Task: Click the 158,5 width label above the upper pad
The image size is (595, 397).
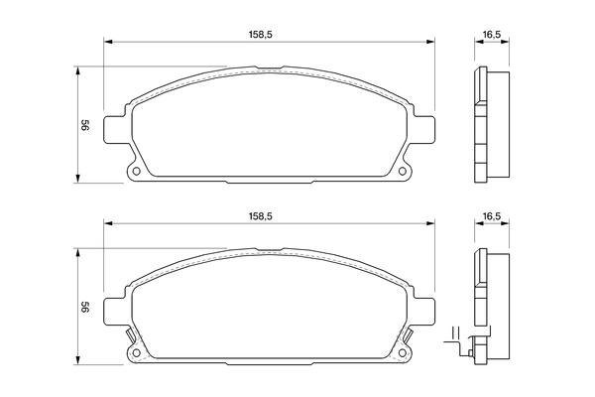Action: point(261,35)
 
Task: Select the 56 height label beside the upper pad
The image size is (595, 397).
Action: point(86,125)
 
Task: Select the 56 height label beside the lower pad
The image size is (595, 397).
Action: point(86,309)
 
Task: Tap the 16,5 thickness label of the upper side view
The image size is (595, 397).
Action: point(490,35)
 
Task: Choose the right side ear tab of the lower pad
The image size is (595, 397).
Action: point(426,310)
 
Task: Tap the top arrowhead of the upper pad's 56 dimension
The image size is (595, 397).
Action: point(77,70)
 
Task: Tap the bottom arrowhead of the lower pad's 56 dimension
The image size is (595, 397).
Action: point(77,363)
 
